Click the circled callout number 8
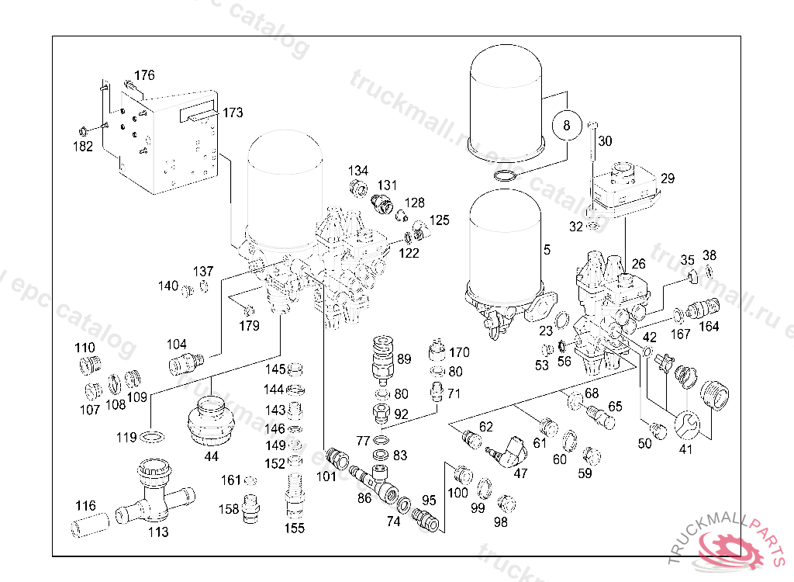[567, 124]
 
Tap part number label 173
[233, 113]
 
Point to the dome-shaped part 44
[211, 421]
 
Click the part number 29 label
[668, 178]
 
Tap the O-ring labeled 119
[150, 438]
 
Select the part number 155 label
[294, 529]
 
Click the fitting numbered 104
[187, 362]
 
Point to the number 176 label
[144, 75]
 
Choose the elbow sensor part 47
[509, 450]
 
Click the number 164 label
[708, 326]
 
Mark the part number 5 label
[547, 250]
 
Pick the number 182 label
[82, 146]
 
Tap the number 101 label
[326, 476]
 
